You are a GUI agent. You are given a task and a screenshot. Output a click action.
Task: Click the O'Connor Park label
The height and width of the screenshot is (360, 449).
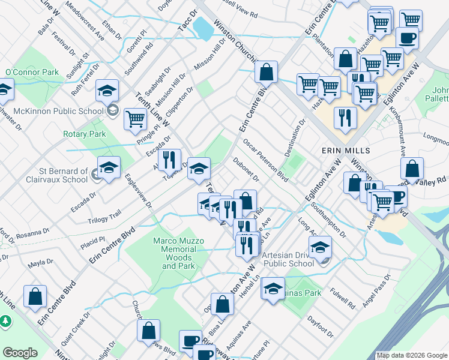[32, 73]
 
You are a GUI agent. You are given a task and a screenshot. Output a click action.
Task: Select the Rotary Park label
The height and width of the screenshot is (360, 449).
[84, 134]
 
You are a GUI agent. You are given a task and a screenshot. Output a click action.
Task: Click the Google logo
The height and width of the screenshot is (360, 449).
[20, 353]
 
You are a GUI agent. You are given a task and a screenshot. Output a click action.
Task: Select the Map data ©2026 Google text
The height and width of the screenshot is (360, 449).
[412, 355]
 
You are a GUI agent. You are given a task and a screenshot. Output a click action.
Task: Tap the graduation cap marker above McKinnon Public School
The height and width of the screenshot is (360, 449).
[107, 91]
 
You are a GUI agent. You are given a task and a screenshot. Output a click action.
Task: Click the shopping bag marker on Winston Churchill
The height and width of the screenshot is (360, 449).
[266, 72]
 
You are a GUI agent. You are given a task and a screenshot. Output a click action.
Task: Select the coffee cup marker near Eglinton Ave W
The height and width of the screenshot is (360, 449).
[407, 37]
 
